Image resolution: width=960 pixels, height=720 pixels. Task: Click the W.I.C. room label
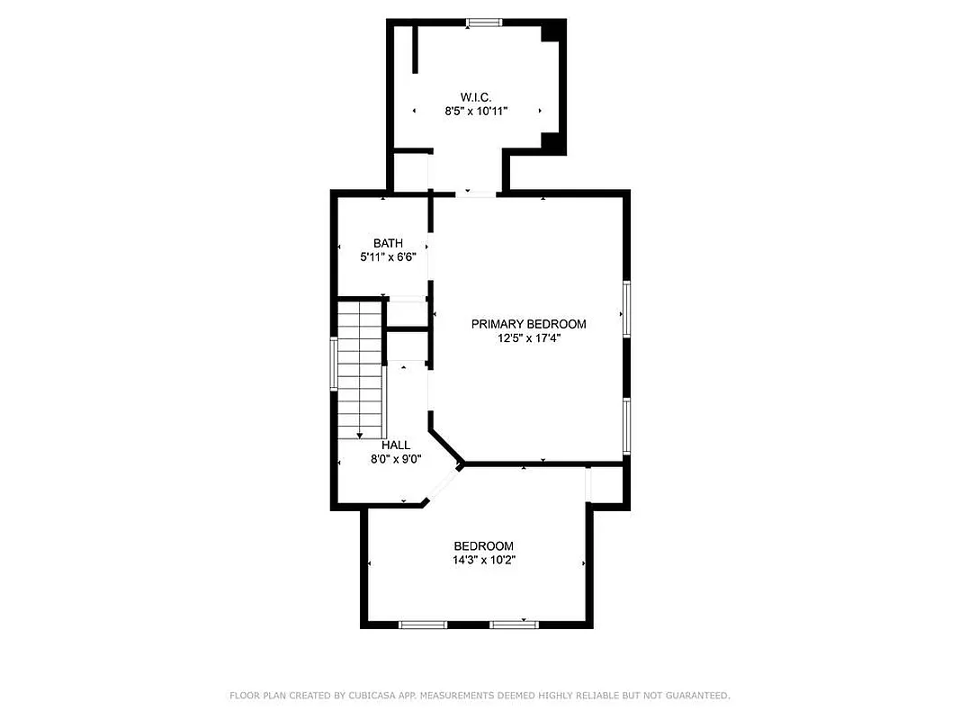coord(476,97)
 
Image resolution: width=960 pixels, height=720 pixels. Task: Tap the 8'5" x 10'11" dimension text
coord(476,112)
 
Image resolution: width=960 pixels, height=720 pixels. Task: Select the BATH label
coord(388,243)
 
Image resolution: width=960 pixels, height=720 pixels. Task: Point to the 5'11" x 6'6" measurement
coord(388,256)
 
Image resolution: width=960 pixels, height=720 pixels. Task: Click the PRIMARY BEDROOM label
coord(529,324)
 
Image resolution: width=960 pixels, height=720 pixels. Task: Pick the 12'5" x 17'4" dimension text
coord(529,338)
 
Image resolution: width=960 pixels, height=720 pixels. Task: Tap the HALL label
coord(396,445)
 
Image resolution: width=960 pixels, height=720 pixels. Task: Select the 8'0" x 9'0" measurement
coord(396,458)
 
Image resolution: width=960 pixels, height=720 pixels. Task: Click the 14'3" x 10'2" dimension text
coord(483,560)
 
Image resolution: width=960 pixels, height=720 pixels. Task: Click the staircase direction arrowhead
coord(360,436)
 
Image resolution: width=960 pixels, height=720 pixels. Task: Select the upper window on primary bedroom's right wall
coord(626,308)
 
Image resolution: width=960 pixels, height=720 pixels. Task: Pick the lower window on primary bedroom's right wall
coord(626,426)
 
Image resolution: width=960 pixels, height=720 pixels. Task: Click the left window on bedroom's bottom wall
coord(423,624)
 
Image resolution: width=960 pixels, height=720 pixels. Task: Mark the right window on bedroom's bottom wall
coord(515,624)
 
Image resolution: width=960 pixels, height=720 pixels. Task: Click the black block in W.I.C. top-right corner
coord(552,32)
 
